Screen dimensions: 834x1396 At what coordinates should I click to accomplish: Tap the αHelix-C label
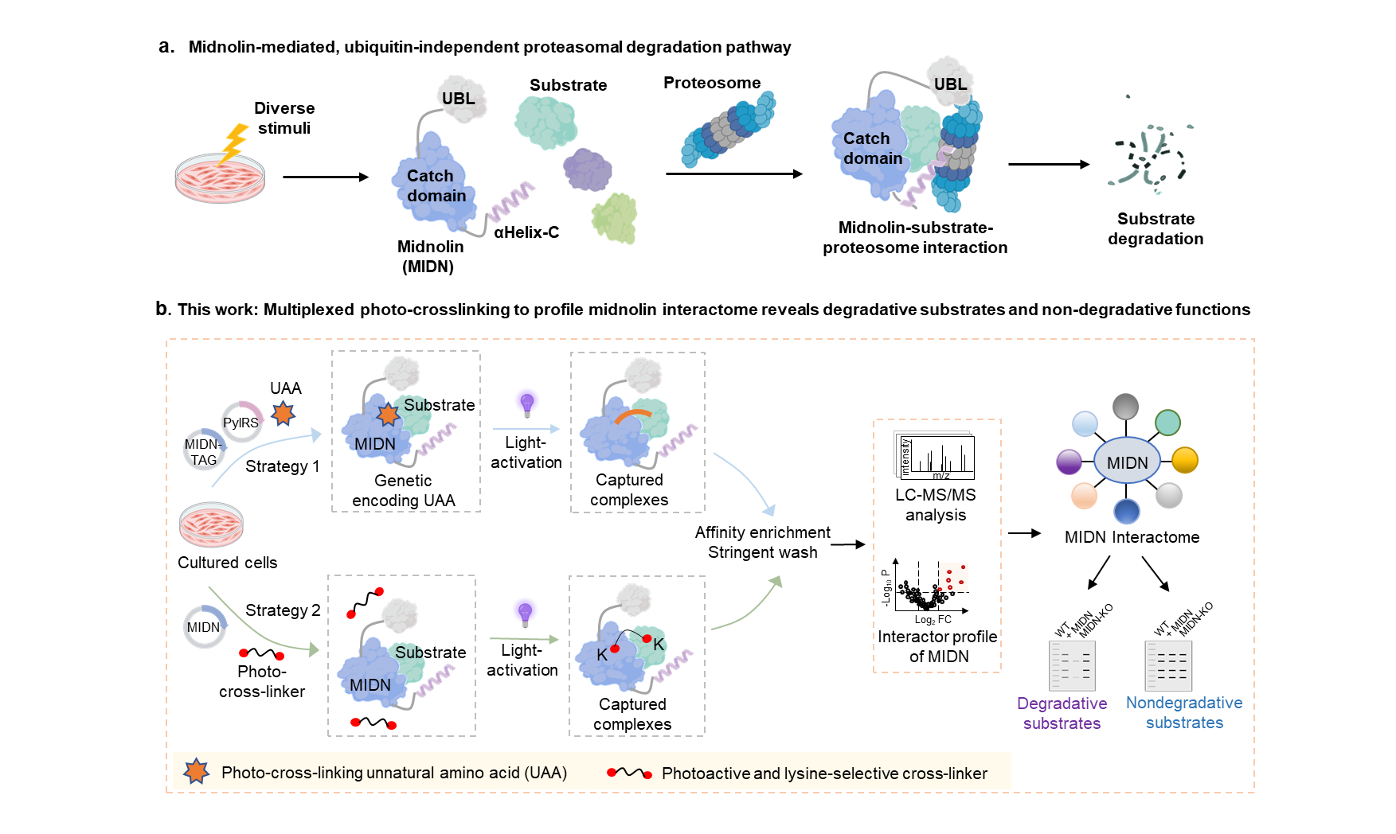click(526, 232)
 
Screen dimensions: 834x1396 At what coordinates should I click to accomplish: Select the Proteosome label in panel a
click(712, 83)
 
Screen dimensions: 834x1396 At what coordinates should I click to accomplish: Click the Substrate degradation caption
click(1156, 229)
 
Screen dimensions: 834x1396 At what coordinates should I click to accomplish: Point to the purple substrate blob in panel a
click(588, 170)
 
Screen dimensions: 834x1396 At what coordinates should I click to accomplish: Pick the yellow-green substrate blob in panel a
click(615, 217)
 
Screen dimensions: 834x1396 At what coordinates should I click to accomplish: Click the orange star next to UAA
click(284, 413)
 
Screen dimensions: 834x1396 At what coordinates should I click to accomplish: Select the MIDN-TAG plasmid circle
click(204, 452)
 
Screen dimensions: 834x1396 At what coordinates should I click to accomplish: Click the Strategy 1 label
click(282, 466)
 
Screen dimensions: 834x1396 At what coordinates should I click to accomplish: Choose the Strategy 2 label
click(283, 610)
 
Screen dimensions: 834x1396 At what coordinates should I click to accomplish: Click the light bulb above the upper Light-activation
click(526, 404)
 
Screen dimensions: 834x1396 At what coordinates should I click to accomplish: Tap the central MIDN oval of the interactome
click(1127, 462)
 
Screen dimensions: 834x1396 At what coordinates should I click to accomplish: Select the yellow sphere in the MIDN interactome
click(1185, 460)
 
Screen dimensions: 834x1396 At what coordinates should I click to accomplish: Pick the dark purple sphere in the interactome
click(1069, 462)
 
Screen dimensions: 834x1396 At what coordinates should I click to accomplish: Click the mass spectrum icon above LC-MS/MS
click(937, 457)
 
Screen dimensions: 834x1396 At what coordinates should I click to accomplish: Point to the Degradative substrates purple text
click(1062, 714)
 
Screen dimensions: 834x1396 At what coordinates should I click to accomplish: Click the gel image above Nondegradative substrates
click(1168, 665)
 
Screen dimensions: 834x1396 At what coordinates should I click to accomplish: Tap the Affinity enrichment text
click(762, 532)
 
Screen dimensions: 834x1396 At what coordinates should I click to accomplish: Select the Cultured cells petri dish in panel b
click(211, 524)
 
